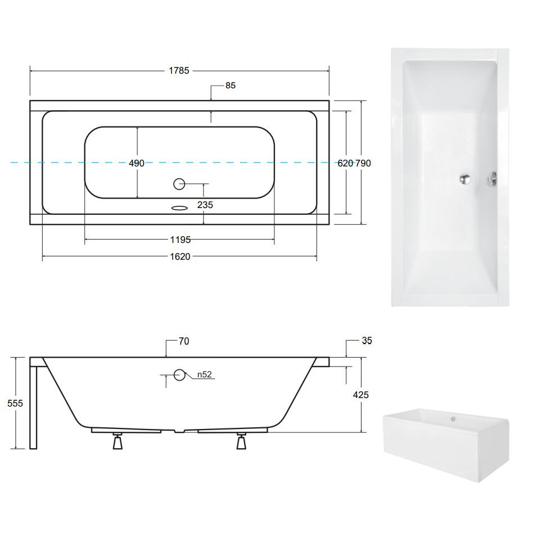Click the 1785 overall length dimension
179,71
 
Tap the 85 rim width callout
231,85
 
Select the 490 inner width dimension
137,164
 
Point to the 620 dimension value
345,164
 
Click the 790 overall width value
363,164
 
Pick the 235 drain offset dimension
205,205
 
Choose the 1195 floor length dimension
180,240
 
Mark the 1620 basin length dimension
180,256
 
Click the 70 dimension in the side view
184,341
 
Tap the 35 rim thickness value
367,341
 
